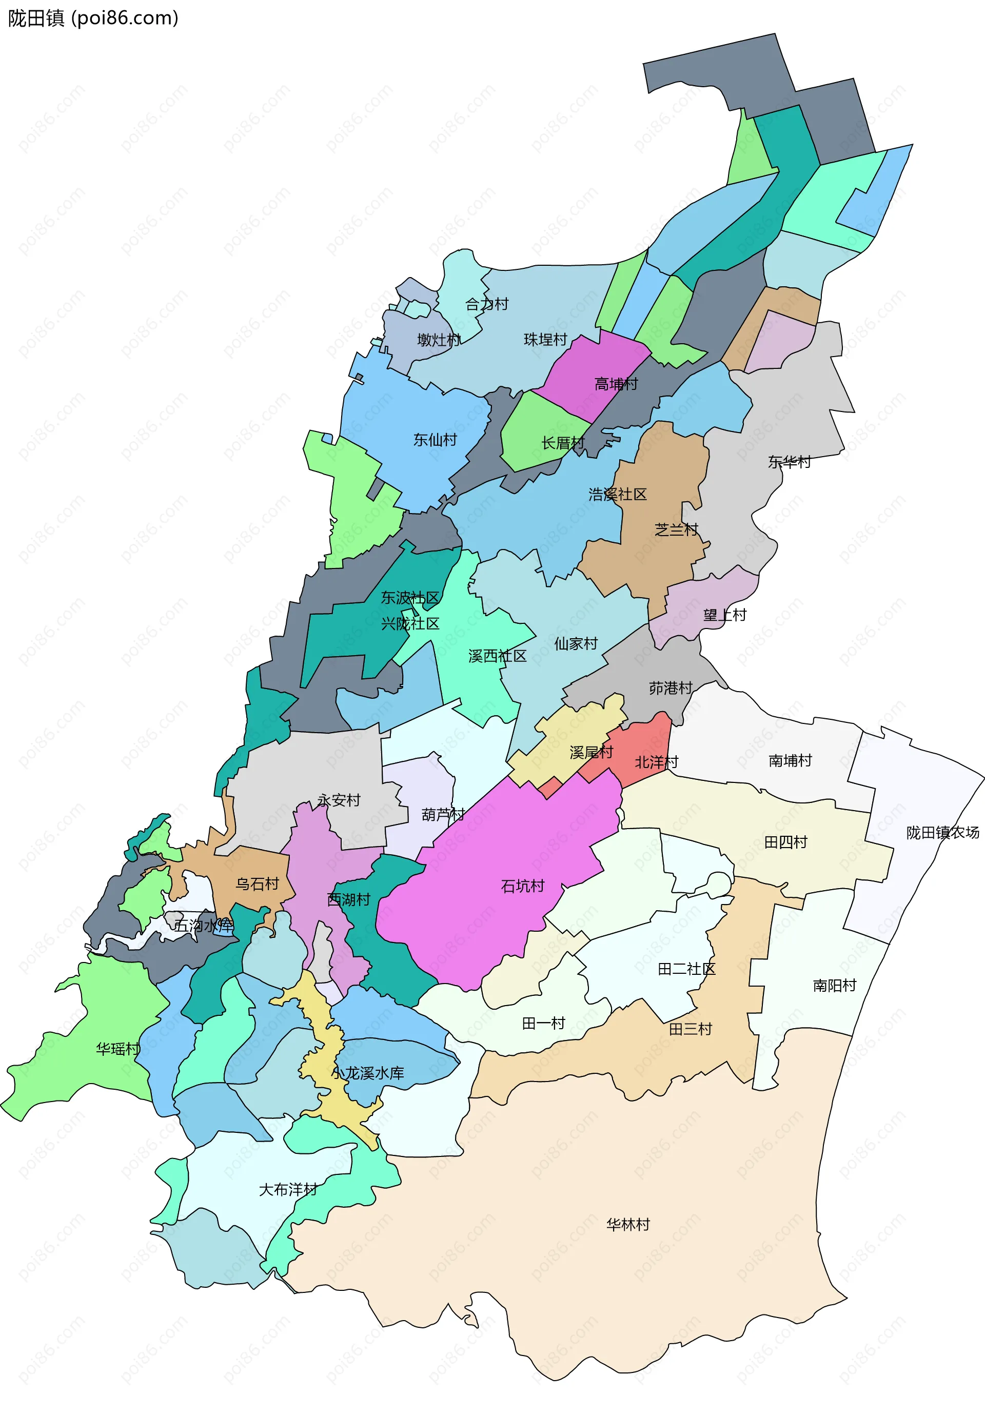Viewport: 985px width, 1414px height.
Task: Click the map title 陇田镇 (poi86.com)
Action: coord(93,18)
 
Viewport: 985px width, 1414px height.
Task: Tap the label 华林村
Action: coord(628,1224)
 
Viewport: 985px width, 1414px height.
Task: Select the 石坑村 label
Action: coord(523,886)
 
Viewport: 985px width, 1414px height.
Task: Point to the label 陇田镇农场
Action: coord(942,833)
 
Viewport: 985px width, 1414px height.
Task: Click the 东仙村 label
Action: coord(435,440)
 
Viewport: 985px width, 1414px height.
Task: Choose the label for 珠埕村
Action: coord(545,339)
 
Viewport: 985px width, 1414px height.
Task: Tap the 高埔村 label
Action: coord(616,384)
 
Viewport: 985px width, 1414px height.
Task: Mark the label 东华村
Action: coord(789,462)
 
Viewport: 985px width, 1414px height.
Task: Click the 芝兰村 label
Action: coord(676,529)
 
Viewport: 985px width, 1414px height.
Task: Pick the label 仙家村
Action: coord(576,643)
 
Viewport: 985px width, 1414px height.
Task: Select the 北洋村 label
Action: coord(656,762)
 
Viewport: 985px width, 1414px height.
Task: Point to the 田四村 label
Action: coord(785,842)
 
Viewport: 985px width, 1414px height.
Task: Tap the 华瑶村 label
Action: coord(117,1049)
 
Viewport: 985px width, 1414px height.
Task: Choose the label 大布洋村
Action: coord(287,1189)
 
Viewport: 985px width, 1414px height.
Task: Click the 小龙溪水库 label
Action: coord(367,1073)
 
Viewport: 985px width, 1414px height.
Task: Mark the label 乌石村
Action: coord(258,883)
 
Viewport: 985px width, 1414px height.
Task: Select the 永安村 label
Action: coord(339,800)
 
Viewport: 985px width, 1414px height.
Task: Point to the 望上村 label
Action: coord(724,615)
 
